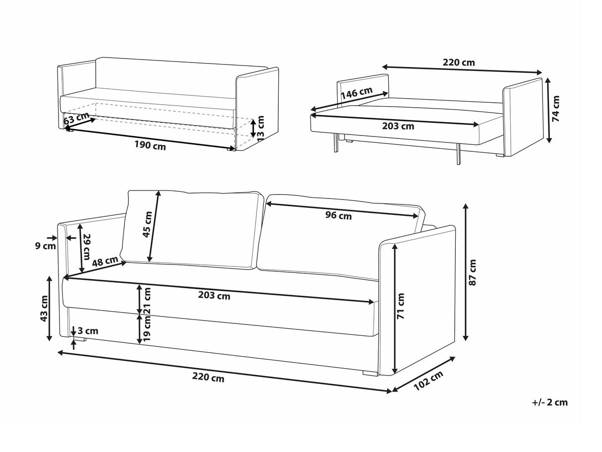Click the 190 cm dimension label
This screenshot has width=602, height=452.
click(x=150, y=146)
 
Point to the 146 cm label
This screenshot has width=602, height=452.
click(x=357, y=93)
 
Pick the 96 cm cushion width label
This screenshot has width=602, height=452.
click(x=338, y=215)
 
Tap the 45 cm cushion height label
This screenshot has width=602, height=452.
click(x=148, y=224)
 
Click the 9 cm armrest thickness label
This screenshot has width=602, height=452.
click(x=49, y=245)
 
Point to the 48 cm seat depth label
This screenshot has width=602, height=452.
click(x=105, y=261)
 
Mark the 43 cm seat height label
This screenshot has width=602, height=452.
click(x=45, y=309)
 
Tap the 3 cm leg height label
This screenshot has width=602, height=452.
click(x=88, y=331)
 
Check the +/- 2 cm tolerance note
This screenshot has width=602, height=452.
click(x=549, y=402)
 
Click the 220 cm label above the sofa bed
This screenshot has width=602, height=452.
click(x=459, y=63)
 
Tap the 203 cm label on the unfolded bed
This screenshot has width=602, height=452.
click(x=398, y=126)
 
